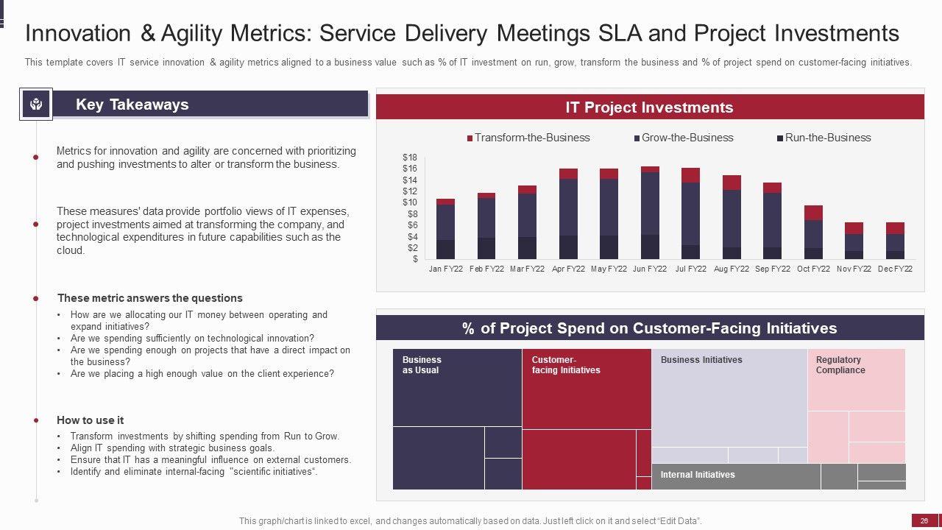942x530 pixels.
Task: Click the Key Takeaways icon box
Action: (36, 105)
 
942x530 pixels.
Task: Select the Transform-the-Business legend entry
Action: (528, 138)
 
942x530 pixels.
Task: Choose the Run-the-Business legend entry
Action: (824, 138)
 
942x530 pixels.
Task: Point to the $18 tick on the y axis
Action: (410, 158)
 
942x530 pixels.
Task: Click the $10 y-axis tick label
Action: (410, 203)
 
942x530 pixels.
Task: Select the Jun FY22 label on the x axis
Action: (650, 269)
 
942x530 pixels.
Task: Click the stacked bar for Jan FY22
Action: (445, 229)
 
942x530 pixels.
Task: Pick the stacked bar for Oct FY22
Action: (813, 233)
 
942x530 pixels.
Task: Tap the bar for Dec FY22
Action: (895, 241)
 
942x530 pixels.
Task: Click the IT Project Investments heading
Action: (649, 107)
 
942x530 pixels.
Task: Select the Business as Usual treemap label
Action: (422, 365)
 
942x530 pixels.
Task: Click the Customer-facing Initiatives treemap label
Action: (565, 365)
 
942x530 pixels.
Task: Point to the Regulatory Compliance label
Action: (840, 365)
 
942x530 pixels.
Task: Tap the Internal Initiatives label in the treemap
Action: (697, 475)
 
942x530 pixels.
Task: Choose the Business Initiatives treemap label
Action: (701, 360)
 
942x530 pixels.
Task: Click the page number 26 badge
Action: (924, 521)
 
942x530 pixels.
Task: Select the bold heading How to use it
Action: (90, 420)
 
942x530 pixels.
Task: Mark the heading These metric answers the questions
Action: (149, 298)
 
